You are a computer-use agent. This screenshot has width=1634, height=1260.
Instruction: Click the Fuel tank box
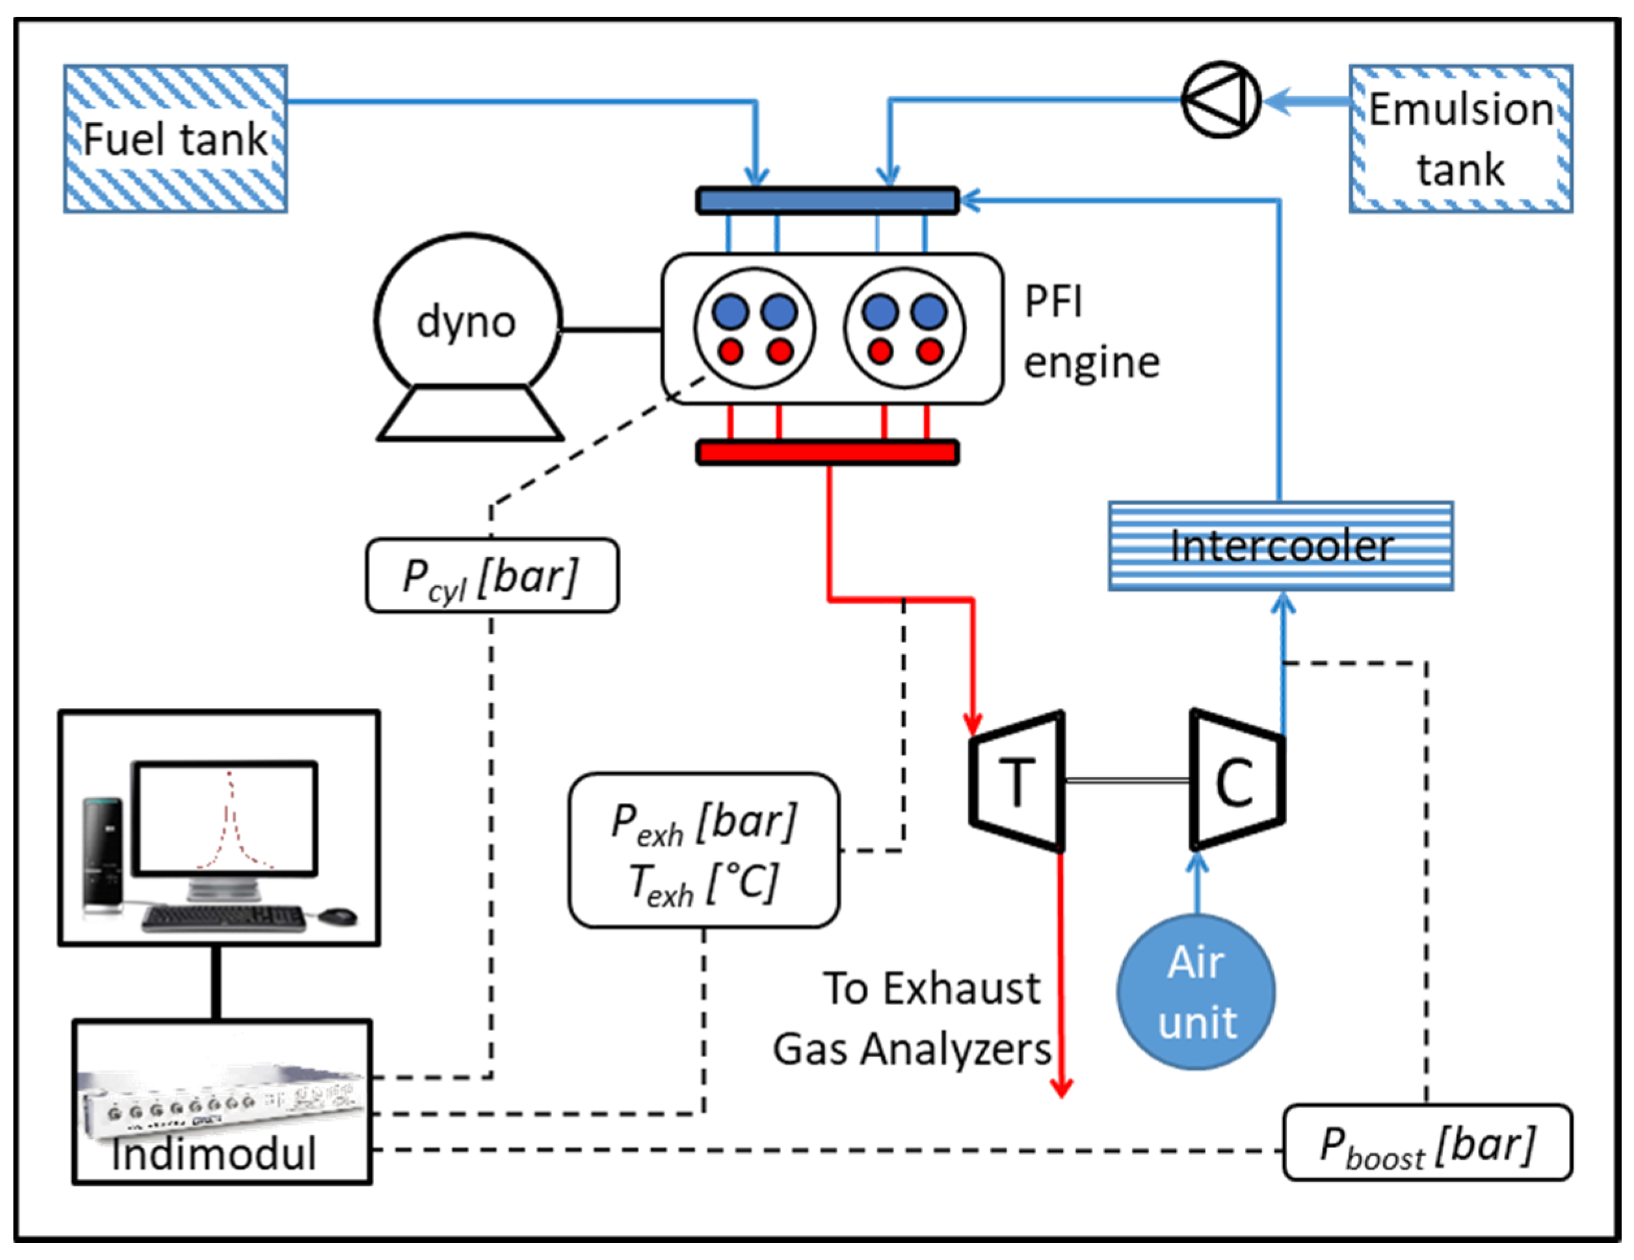(175, 139)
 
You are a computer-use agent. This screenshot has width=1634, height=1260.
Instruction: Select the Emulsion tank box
(1460, 139)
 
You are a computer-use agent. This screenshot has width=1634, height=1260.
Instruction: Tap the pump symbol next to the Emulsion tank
(1221, 99)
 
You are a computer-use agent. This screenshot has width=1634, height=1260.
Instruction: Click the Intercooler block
(1280, 546)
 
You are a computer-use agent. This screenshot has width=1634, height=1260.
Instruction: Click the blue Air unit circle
(1196, 992)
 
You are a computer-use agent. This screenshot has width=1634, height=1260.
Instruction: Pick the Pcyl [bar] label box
(492, 576)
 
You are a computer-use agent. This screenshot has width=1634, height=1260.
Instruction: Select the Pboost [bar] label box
(1427, 1143)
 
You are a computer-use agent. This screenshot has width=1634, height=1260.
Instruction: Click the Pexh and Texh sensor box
(704, 850)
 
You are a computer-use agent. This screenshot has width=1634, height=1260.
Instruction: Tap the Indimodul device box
(222, 1102)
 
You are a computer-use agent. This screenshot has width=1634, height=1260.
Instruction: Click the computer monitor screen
(224, 818)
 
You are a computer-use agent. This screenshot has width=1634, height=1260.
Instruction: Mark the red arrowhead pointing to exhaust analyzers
(1061, 1088)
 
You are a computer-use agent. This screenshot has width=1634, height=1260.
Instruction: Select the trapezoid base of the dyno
(470, 413)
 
